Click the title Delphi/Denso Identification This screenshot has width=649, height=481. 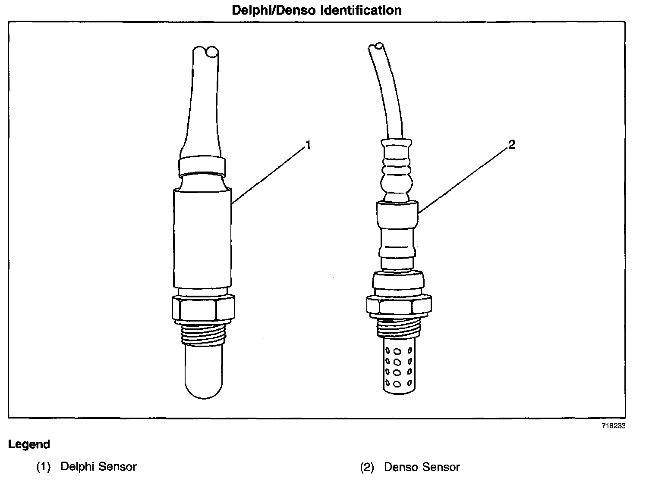coord(317,10)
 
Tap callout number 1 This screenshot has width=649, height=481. coord(308,146)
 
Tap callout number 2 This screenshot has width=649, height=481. coord(511,145)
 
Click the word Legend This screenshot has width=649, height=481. coord(29,444)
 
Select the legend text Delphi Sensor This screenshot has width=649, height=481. coord(98,467)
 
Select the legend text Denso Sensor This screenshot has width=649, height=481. coord(422,467)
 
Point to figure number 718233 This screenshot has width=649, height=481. coord(614,425)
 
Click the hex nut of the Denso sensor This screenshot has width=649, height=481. coord(398,305)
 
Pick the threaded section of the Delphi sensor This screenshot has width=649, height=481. coord(204,334)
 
